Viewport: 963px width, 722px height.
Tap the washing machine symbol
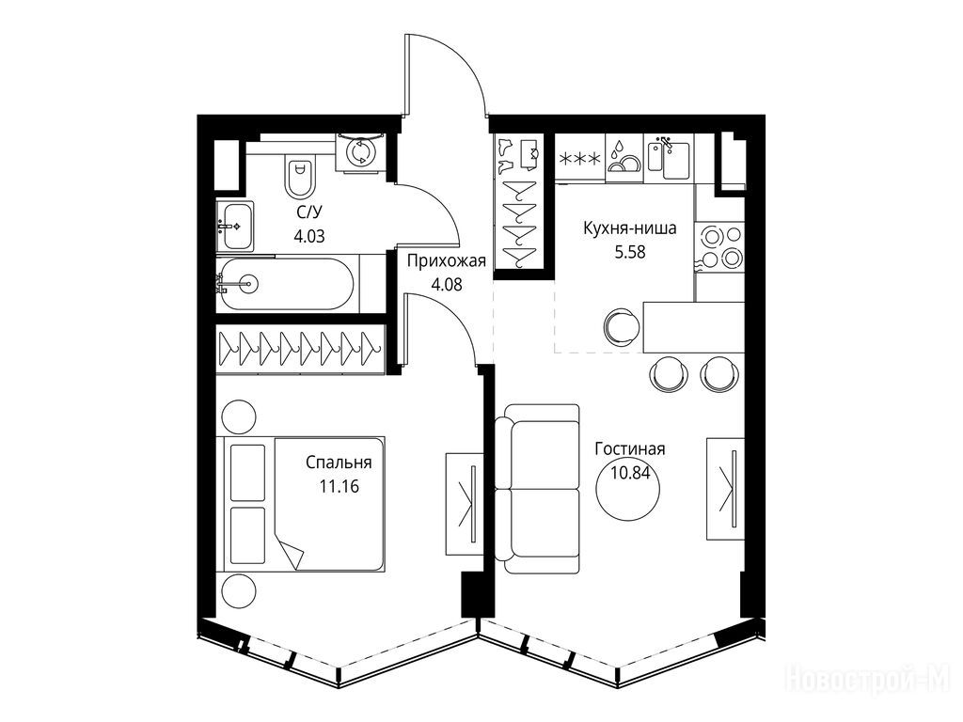click(x=360, y=152)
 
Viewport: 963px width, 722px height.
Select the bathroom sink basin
click(x=234, y=226)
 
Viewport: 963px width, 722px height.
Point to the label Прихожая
click(x=446, y=261)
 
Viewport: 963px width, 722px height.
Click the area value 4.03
click(x=308, y=236)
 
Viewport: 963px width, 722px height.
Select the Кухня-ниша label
click(x=629, y=228)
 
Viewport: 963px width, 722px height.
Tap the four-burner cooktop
click(x=719, y=246)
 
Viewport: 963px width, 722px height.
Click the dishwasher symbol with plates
click(x=624, y=157)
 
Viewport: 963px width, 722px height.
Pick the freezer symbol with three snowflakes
click(x=579, y=158)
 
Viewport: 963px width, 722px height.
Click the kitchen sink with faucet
click(x=669, y=157)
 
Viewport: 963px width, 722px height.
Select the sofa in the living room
click(x=537, y=489)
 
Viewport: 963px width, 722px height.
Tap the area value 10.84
click(x=630, y=472)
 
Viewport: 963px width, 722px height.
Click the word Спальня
click(x=339, y=463)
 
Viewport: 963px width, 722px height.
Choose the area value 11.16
click(x=339, y=487)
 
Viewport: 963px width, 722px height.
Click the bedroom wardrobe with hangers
click(x=300, y=349)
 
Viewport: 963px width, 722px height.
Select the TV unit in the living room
click(x=726, y=489)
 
